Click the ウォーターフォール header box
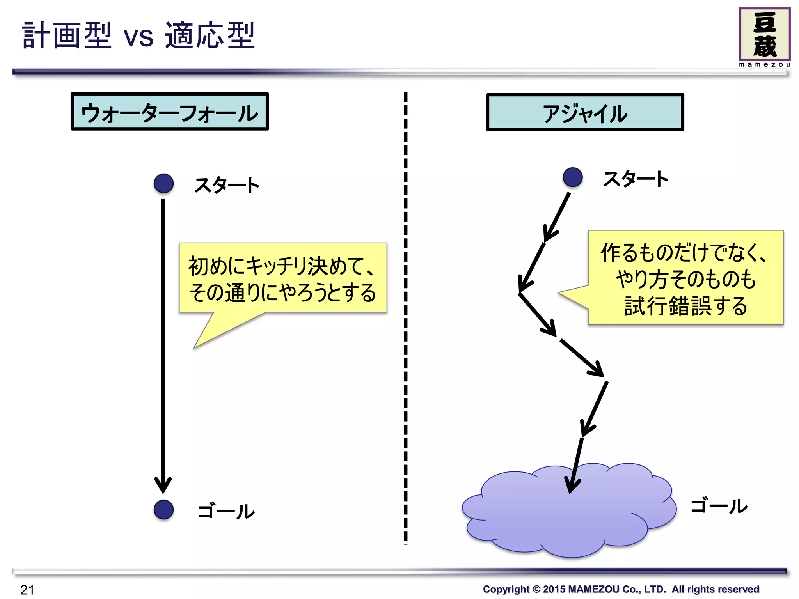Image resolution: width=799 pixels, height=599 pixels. click(170, 112)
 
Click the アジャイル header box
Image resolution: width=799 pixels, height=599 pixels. click(584, 112)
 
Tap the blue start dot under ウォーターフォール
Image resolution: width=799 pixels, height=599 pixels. click(163, 183)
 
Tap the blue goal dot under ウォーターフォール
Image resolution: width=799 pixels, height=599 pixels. click(163, 509)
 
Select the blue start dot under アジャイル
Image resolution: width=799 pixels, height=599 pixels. click(572, 177)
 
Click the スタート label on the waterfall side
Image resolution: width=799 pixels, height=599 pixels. click(226, 185)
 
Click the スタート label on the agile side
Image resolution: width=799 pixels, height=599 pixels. click(635, 179)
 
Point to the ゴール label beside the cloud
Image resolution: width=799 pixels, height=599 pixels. click(719, 506)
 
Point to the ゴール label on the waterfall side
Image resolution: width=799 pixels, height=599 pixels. click(226, 511)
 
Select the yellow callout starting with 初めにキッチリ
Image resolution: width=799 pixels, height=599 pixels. click(282, 278)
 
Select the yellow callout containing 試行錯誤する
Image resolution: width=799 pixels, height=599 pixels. click(685, 278)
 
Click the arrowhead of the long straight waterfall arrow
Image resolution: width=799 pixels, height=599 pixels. click(163, 486)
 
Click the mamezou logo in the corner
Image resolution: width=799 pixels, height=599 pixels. click(764, 37)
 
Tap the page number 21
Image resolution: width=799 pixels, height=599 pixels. click(27, 590)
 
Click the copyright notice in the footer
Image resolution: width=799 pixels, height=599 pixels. click(621, 589)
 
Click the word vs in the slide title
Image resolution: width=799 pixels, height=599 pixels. click(138, 38)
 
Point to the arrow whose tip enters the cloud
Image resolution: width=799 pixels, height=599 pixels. click(576, 464)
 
